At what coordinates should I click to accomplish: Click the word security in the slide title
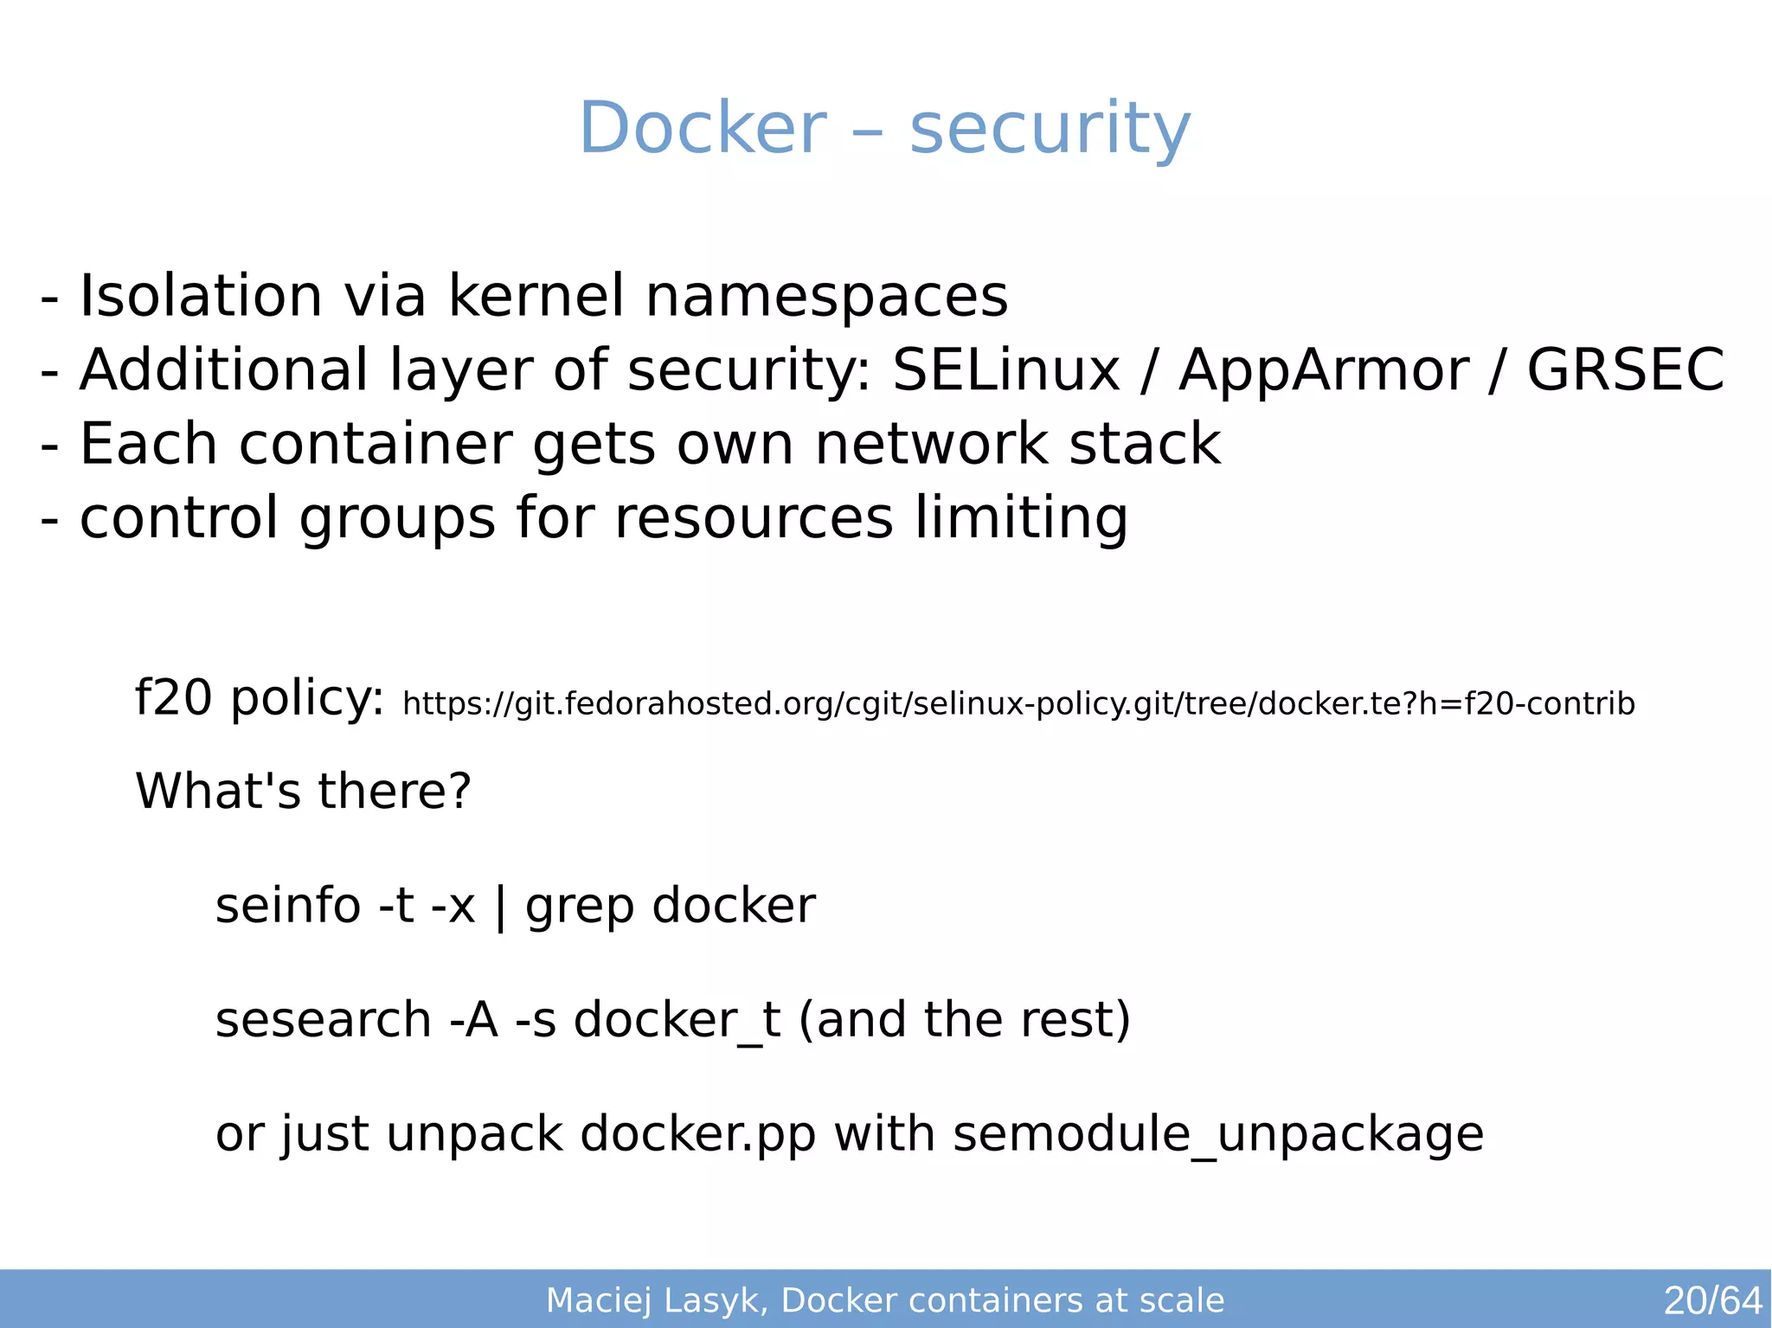[1050, 130]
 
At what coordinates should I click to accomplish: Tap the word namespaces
[826, 296]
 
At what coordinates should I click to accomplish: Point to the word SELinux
[1005, 370]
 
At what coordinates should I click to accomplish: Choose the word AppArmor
[1323, 370]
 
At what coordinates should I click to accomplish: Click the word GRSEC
[1625, 370]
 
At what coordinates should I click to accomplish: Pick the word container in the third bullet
[375, 444]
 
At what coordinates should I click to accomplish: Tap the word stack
[1144, 444]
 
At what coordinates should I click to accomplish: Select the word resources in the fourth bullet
[753, 518]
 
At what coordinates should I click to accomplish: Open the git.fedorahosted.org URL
[1018, 704]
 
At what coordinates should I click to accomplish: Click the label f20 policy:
[259, 697]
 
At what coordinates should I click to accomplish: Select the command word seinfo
[287, 906]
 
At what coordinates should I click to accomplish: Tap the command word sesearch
[323, 1019]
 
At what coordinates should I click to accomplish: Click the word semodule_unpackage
[1217, 1134]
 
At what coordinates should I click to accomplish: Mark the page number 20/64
[1712, 1300]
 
